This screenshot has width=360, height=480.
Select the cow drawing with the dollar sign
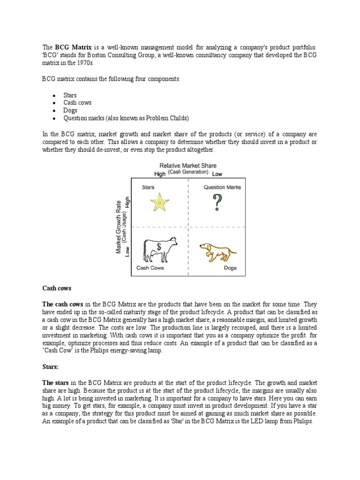(160, 249)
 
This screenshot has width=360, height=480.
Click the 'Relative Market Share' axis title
(188, 165)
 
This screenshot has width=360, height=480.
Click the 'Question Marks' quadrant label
(222, 187)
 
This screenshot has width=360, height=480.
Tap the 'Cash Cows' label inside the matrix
(150, 268)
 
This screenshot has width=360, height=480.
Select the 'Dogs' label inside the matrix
(230, 268)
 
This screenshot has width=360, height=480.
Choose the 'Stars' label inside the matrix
(148, 187)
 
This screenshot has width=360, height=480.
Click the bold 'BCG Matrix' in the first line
(73, 47)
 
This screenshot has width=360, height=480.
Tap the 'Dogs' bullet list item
(70, 110)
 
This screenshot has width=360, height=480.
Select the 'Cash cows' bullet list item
(77, 103)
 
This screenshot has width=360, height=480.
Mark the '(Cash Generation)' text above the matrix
(188, 172)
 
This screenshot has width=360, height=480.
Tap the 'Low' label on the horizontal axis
(217, 174)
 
